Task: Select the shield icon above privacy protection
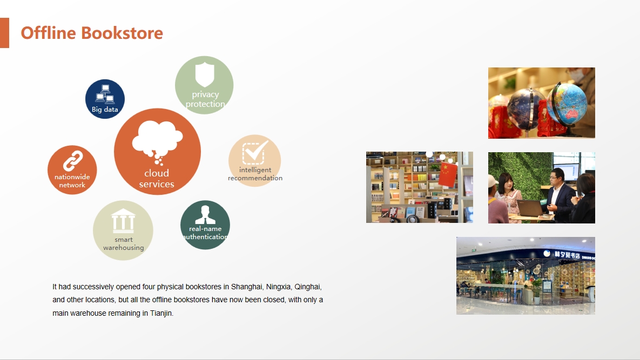click(x=205, y=74)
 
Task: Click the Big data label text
click(x=105, y=109)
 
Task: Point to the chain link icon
click(x=73, y=161)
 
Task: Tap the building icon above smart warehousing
click(x=123, y=221)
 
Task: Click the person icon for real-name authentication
click(x=205, y=215)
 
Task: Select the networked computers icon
click(x=105, y=94)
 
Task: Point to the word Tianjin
click(x=161, y=313)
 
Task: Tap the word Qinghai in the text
click(x=308, y=287)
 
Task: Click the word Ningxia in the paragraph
click(x=278, y=287)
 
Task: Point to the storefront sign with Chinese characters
click(x=567, y=255)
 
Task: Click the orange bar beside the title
click(x=4, y=33)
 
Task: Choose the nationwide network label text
click(x=72, y=181)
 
